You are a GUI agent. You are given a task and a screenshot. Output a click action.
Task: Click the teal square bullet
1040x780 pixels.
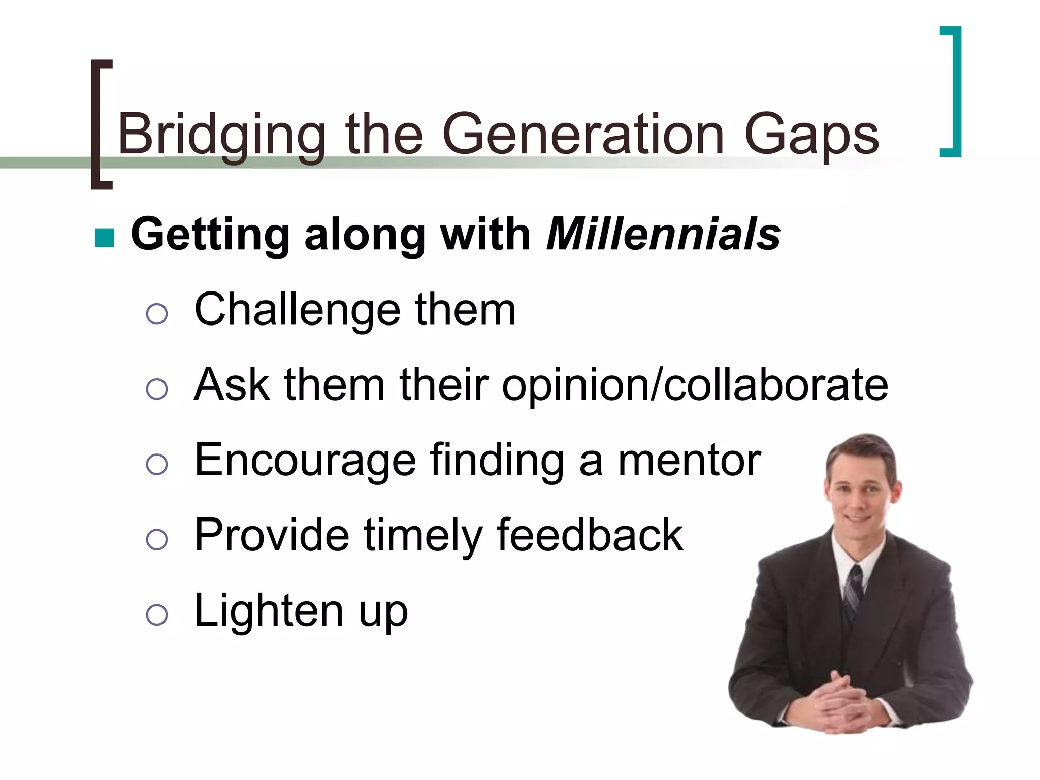tap(105, 237)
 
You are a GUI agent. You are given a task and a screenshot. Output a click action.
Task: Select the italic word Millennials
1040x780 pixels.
tap(663, 235)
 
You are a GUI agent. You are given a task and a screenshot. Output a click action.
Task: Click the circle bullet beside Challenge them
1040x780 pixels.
tap(156, 314)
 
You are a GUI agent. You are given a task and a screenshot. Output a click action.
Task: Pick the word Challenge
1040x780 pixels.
tap(298, 311)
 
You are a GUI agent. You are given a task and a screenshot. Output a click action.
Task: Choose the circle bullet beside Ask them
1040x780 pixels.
tap(156, 389)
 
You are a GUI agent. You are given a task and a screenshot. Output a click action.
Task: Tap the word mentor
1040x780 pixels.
tap(689, 460)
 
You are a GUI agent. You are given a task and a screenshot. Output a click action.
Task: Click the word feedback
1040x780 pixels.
tap(590, 535)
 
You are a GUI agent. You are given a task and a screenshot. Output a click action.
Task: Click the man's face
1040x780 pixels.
tap(859, 495)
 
